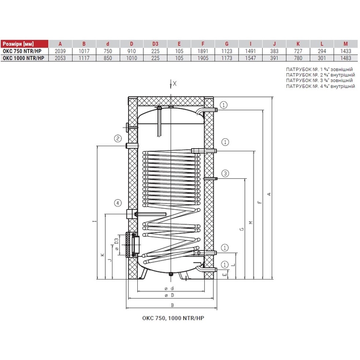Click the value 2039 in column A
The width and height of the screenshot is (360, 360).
point(60,51)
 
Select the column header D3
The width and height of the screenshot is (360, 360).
point(155,44)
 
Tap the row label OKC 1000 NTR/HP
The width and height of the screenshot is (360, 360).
point(24,58)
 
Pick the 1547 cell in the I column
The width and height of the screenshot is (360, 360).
point(250,58)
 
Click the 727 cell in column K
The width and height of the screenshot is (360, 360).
point(298,51)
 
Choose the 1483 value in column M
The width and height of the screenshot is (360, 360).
point(346,58)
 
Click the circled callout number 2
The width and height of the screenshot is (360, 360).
point(118,138)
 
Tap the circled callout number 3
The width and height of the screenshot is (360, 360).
point(225,173)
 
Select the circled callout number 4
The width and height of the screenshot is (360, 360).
point(118,203)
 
